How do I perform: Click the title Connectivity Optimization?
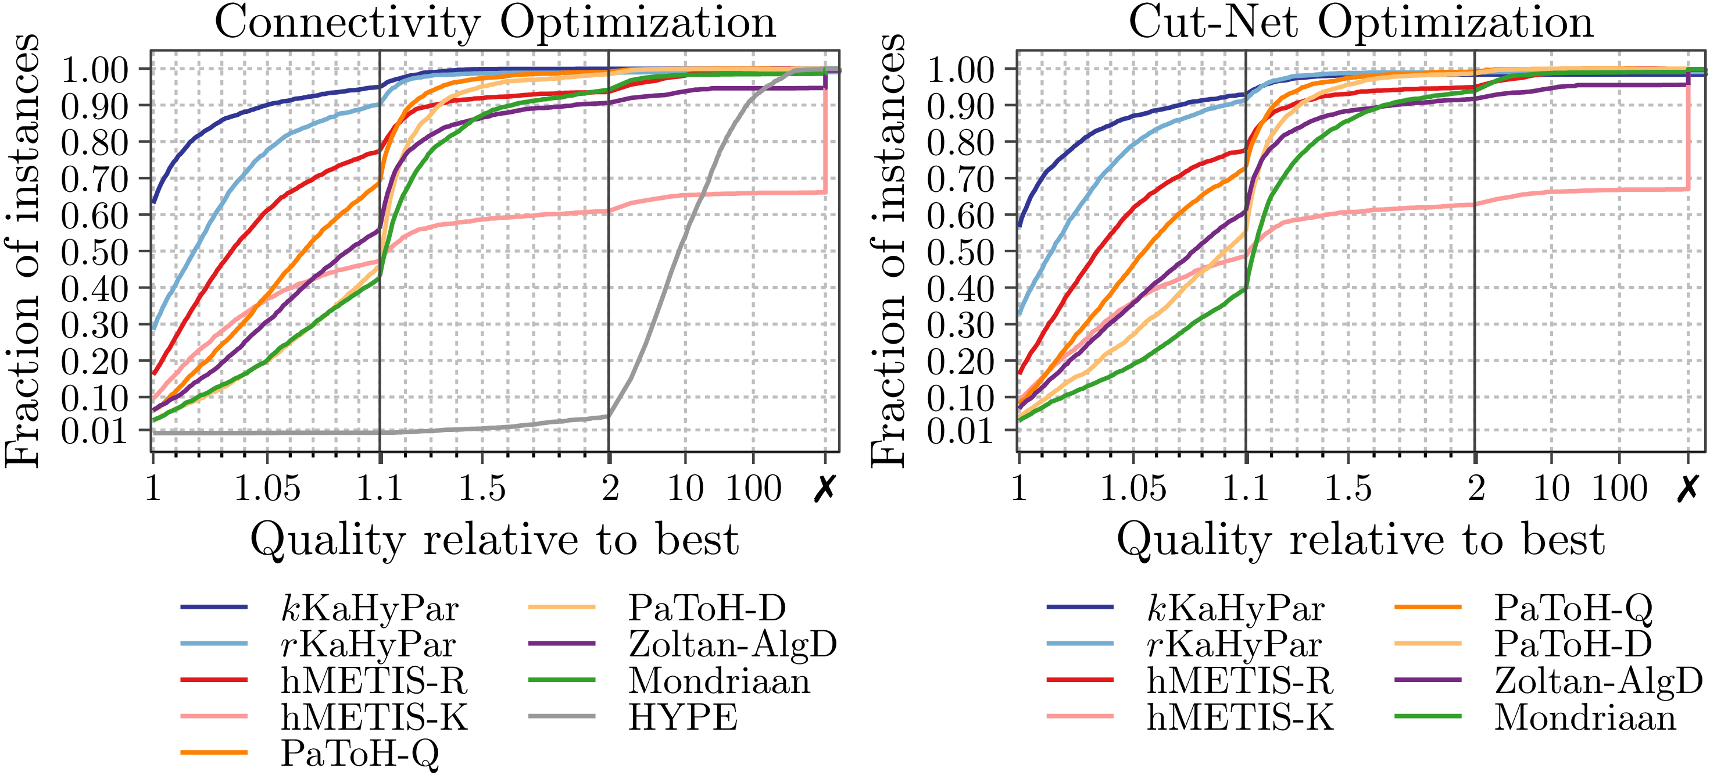(x=495, y=23)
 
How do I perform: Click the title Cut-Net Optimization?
(x=1361, y=23)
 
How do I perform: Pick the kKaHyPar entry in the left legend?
(x=369, y=608)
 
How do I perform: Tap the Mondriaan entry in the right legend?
(x=1585, y=717)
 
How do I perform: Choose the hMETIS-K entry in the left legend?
(x=374, y=717)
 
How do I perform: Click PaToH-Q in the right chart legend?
(x=1573, y=608)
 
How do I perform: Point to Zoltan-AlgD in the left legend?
(x=732, y=644)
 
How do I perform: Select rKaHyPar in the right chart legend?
(x=1235, y=644)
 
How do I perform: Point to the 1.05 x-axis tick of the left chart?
(x=267, y=488)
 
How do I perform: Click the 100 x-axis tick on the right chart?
(x=1620, y=488)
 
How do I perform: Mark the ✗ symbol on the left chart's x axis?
(x=824, y=488)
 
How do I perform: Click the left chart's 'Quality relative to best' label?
(x=495, y=540)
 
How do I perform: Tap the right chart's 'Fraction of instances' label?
(x=888, y=251)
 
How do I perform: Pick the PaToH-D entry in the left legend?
(x=707, y=608)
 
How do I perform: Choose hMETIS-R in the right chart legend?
(x=1240, y=681)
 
